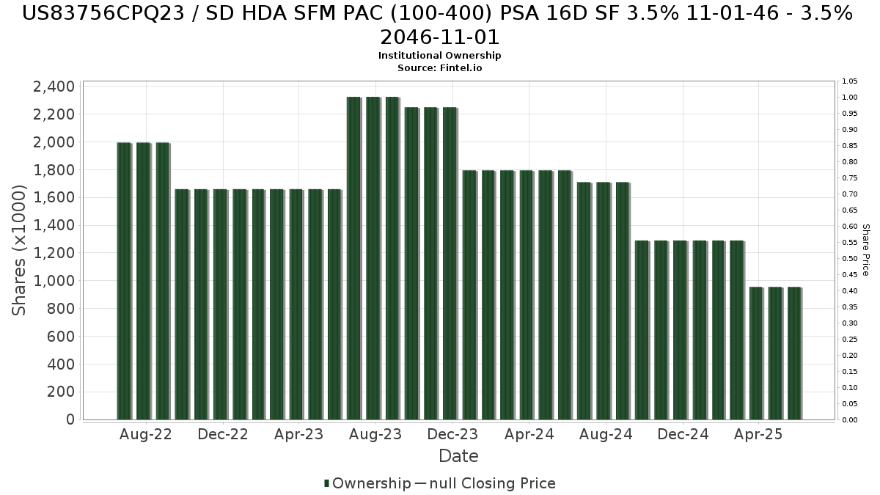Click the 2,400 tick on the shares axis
(54, 87)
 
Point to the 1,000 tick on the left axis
(54, 281)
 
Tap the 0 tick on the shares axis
(69, 419)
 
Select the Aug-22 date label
(145, 434)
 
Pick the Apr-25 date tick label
(758, 434)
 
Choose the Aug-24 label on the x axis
(606, 434)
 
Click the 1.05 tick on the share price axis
(850, 81)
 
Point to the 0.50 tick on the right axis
(850, 258)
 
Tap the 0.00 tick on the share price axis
(850, 419)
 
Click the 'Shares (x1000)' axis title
(20, 250)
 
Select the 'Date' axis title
(458, 456)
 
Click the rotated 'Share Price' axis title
(866, 250)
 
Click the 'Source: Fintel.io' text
(439, 67)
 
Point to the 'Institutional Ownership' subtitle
(439, 56)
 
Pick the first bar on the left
(124, 281)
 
